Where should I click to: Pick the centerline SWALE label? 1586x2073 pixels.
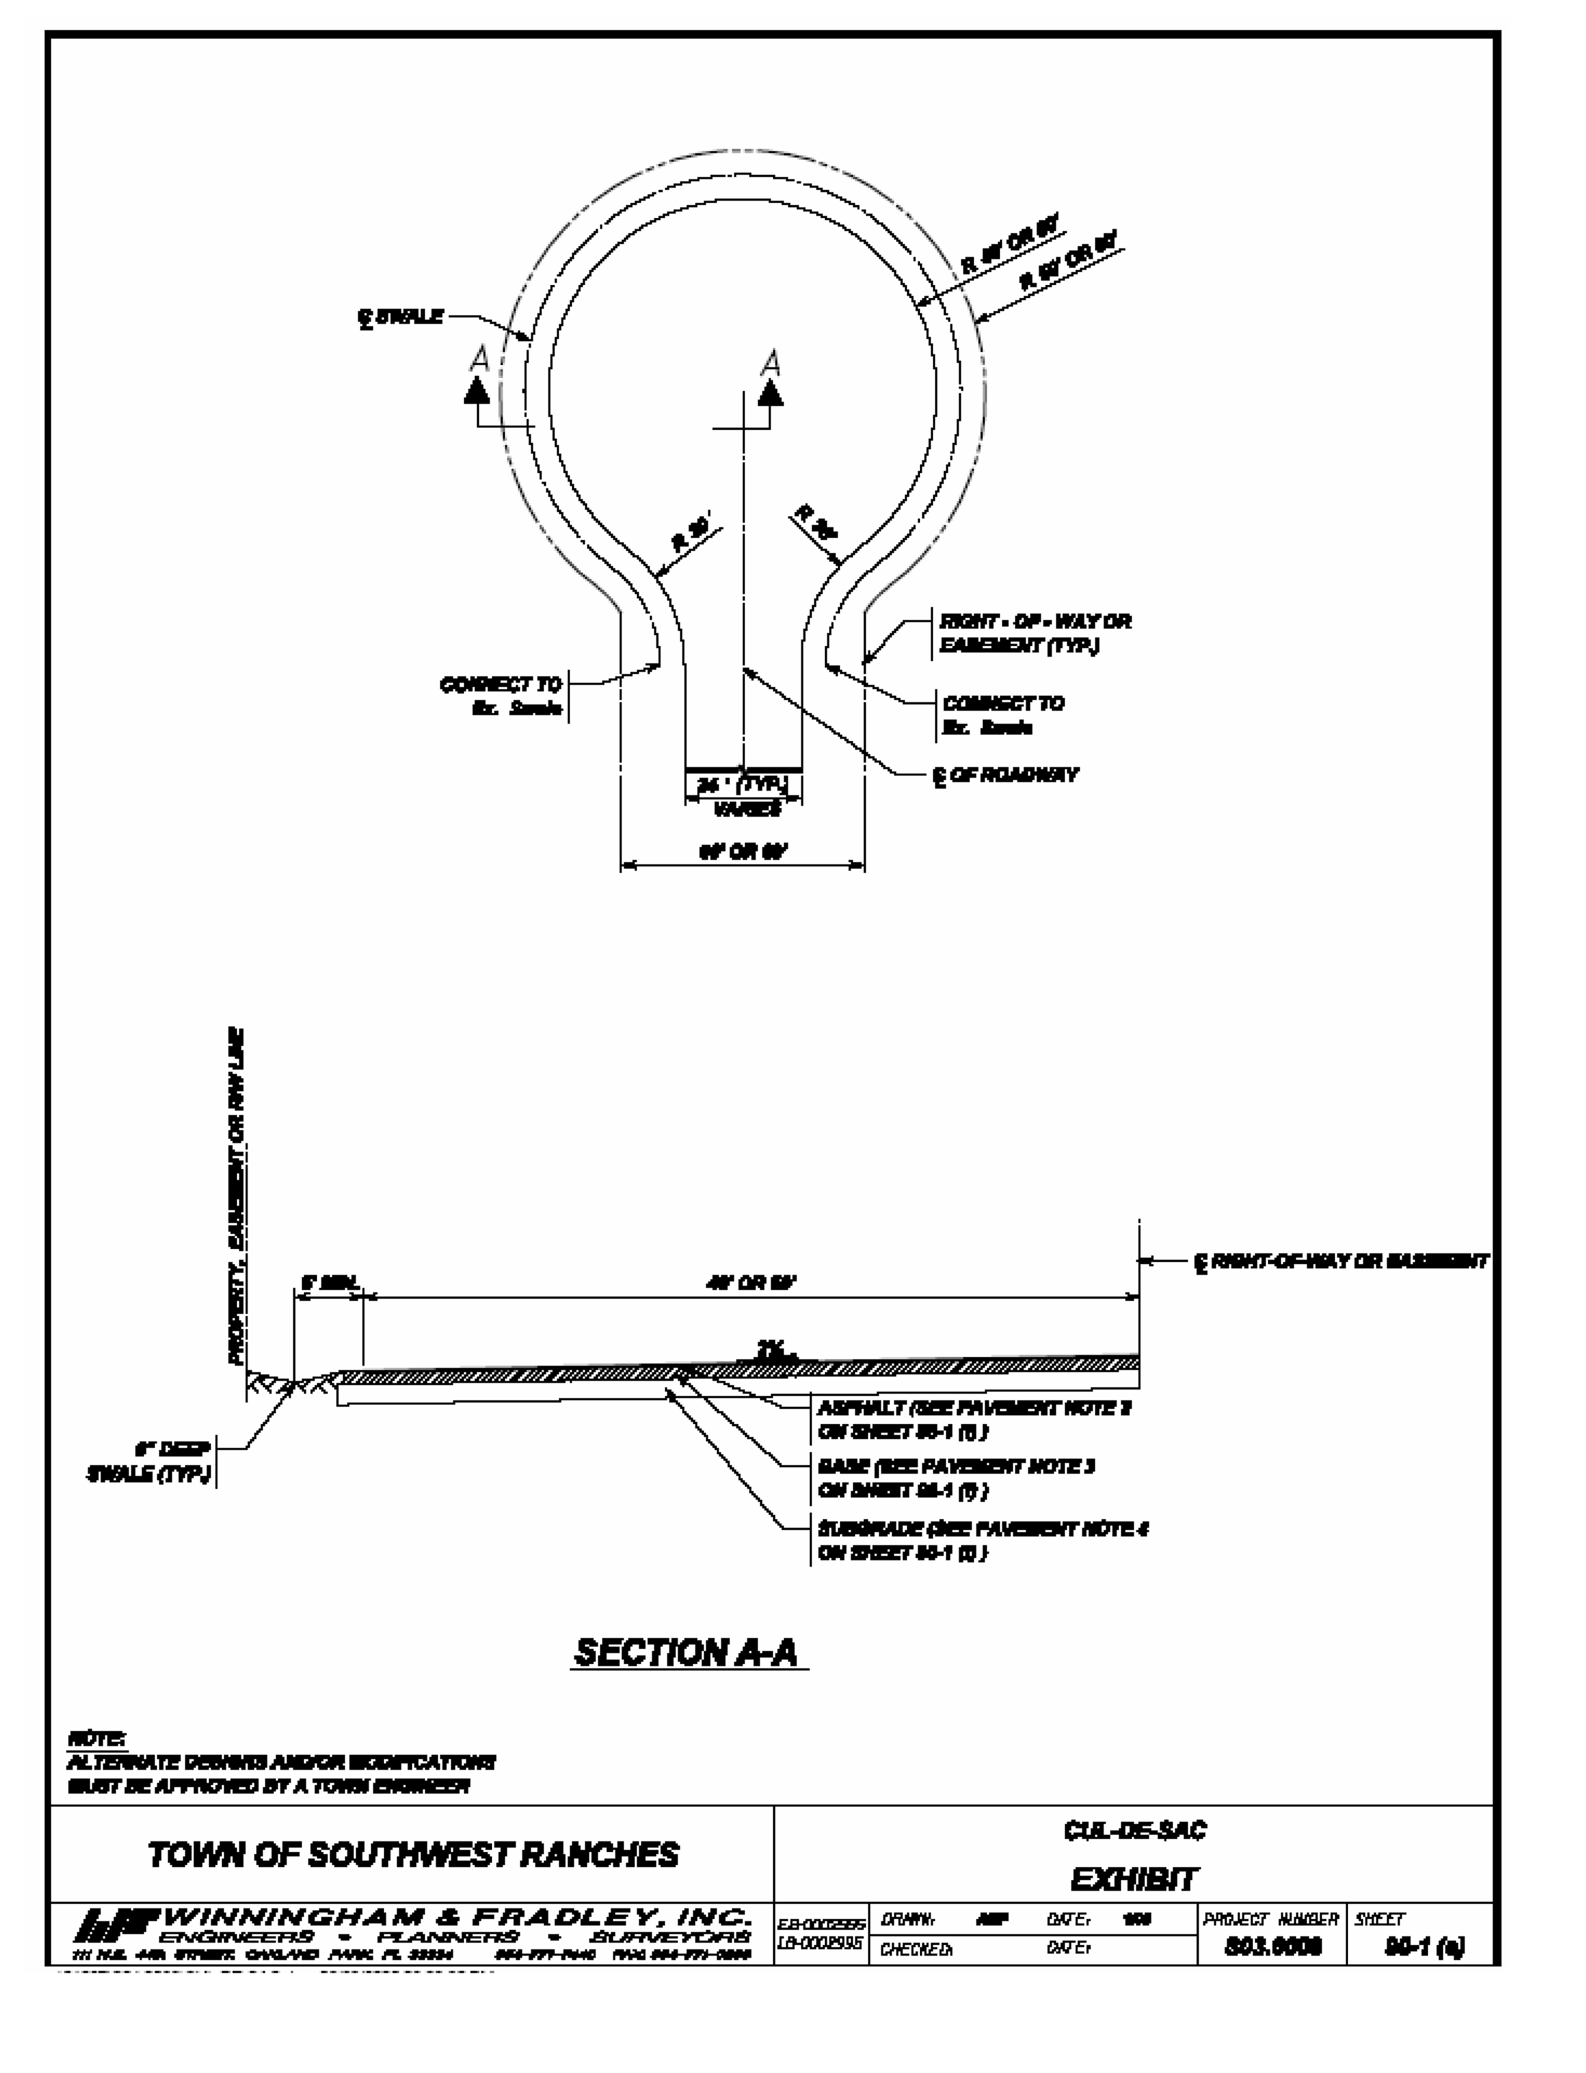(401, 317)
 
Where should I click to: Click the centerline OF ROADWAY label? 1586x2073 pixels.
(1005, 775)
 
